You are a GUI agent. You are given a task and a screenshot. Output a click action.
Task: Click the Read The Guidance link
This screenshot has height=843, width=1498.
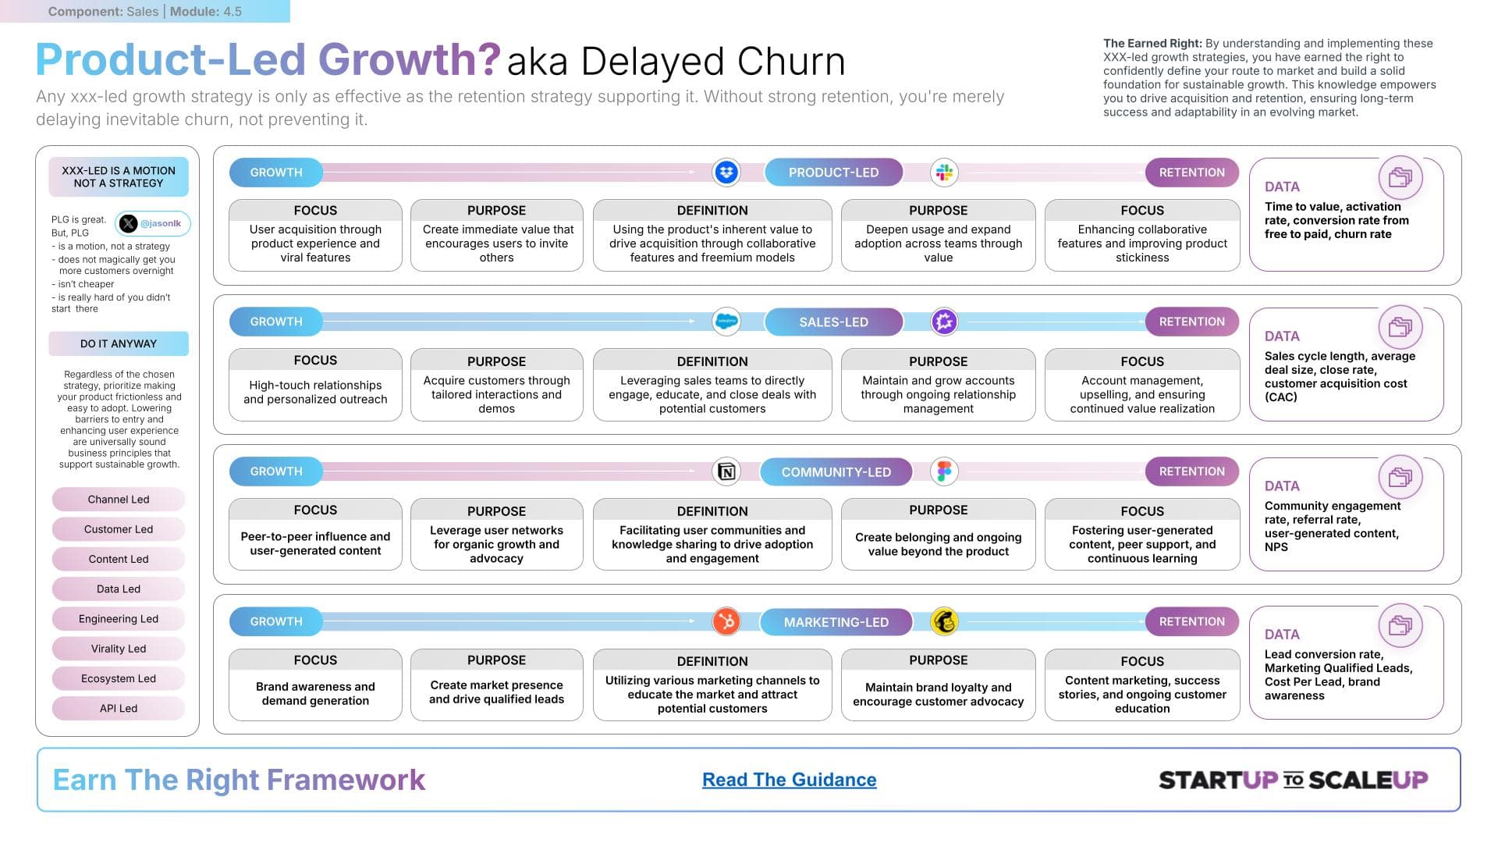pyautogui.click(x=789, y=779)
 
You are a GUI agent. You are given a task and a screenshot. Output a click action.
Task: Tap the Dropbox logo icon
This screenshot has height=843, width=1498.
pyautogui.click(x=726, y=173)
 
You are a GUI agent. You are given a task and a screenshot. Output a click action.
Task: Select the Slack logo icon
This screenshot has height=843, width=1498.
pyautogui.click(x=944, y=173)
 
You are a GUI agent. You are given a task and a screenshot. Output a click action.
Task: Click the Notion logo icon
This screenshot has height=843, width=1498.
pyautogui.click(x=726, y=471)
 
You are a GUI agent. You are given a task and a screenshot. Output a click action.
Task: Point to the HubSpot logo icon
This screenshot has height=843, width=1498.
pyautogui.click(x=726, y=621)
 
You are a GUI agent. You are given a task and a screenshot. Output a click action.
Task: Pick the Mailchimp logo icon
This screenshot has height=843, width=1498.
pyautogui.click(x=944, y=621)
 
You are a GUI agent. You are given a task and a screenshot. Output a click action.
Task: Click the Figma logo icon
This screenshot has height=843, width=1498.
pyautogui.click(x=944, y=471)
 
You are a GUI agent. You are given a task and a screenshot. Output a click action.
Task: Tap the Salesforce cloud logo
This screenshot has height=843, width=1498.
pyautogui.click(x=726, y=322)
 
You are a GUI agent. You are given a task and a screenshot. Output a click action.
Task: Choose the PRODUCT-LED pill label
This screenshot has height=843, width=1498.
pyautogui.click(x=833, y=173)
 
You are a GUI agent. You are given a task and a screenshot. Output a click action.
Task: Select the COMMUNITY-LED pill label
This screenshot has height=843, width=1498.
pyautogui.click(x=836, y=471)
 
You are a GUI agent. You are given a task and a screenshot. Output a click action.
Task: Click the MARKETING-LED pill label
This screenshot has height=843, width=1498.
pyautogui.click(x=836, y=622)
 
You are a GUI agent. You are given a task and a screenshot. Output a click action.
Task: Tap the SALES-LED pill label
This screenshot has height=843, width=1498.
pyautogui.click(x=833, y=322)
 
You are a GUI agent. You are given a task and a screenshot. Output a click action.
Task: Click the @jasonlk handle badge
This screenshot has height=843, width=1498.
pyautogui.click(x=153, y=223)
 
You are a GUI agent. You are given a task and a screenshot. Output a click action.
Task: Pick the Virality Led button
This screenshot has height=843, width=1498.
pyautogui.click(x=119, y=649)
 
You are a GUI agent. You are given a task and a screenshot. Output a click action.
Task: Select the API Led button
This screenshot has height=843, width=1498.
pyautogui.click(x=119, y=708)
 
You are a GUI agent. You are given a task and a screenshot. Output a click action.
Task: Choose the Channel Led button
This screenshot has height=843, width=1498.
pyautogui.click(x=119, y=500)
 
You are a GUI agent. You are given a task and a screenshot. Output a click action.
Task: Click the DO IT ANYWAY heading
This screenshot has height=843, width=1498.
pyautogui.click(x=119, y=343)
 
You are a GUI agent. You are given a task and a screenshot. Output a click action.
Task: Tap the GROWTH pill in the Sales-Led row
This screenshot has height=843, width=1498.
pyautogui.click(x=276, y=322)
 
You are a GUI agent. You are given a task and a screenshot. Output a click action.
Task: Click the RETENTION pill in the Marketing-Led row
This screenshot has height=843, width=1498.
pyautogui.click(x=1191, y=621)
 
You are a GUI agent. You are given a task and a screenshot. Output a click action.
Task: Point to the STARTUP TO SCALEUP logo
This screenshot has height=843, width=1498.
pyautogui.click(x=1293, y=780)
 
